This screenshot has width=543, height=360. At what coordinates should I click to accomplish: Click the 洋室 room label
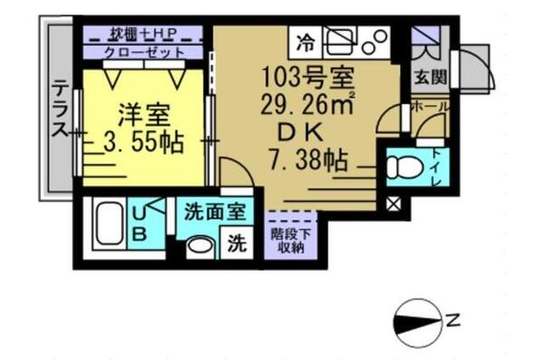142,116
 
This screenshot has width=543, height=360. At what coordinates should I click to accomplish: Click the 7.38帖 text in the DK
308,164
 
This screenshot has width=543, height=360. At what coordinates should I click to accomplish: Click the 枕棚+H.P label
143,34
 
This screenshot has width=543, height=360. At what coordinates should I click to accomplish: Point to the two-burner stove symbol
374,40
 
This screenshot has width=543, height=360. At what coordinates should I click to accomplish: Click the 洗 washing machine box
238,244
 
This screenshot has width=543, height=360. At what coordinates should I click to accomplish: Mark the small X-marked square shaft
394,203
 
